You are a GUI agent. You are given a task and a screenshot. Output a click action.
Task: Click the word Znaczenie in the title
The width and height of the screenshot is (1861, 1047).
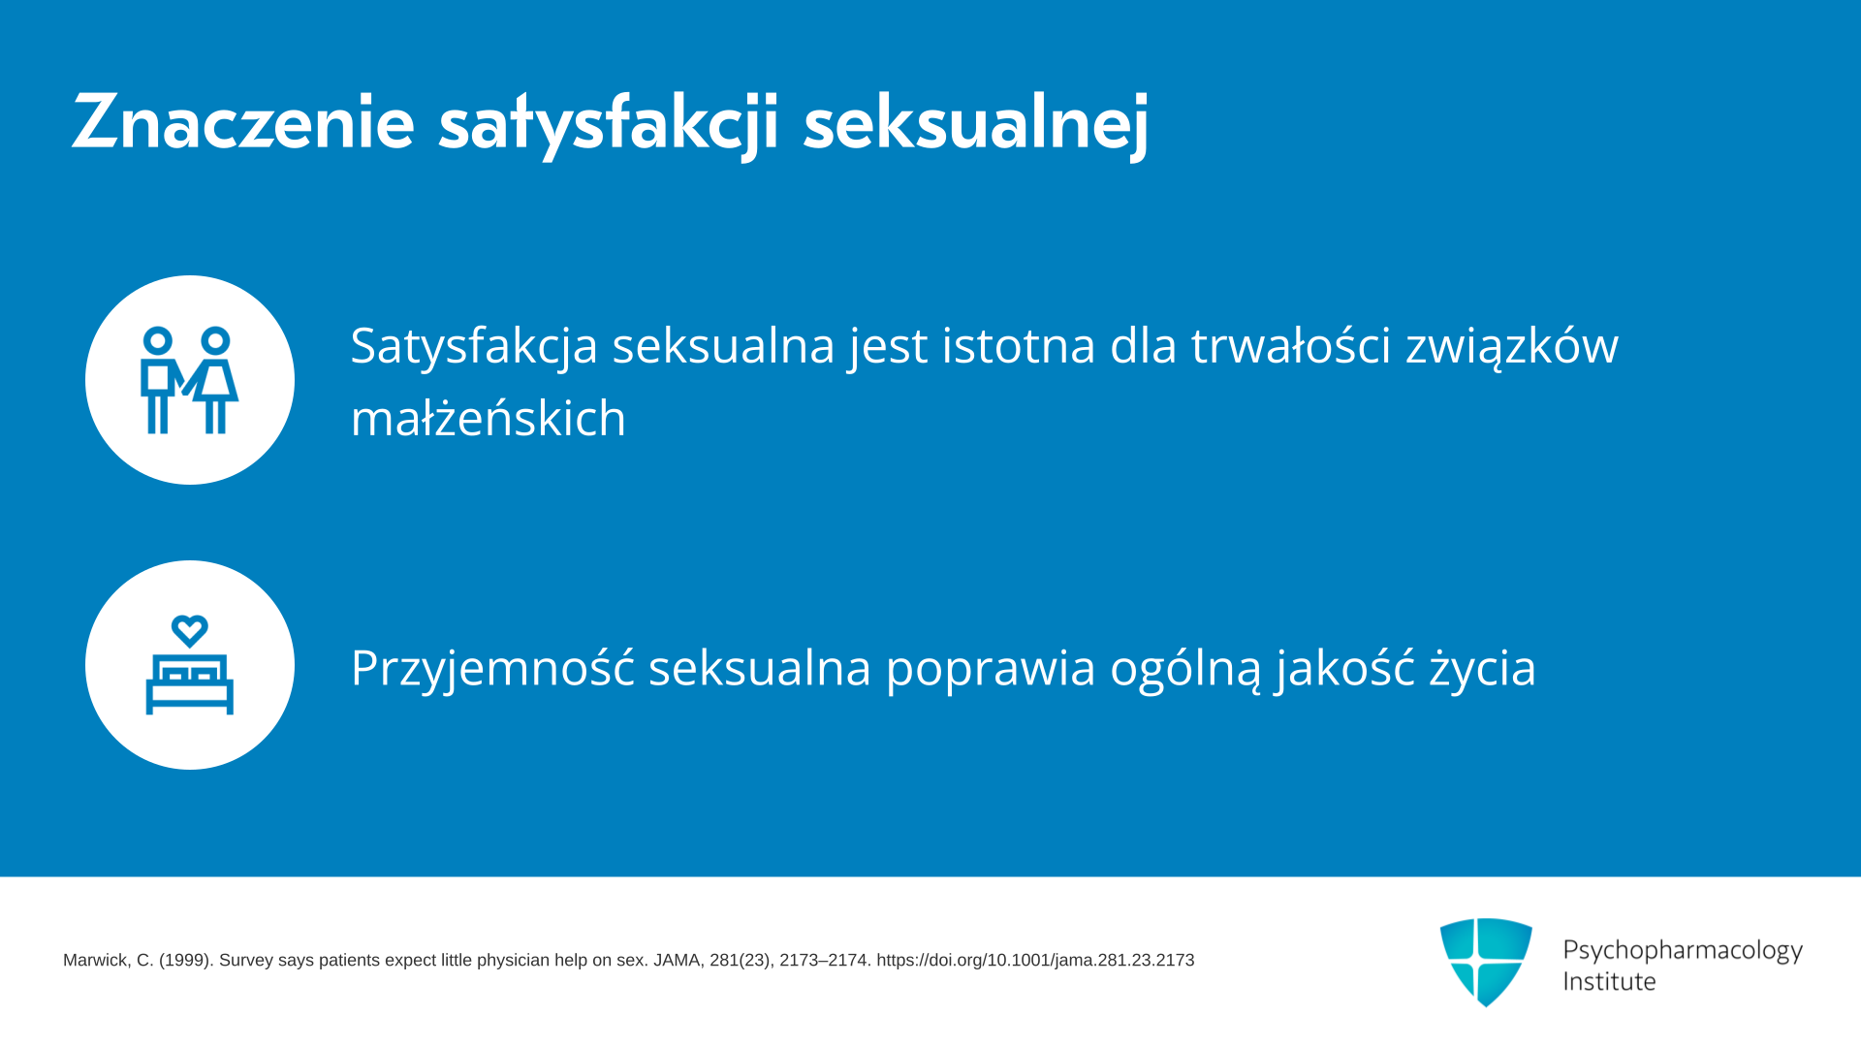(243, 122)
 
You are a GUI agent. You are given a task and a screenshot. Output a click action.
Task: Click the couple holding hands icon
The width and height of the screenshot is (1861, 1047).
(189, 380)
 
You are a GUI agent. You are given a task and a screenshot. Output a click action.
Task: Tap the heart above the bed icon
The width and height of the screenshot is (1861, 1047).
(190, 631)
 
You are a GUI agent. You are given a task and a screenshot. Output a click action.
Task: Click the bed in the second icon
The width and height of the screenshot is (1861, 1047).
(190, 684)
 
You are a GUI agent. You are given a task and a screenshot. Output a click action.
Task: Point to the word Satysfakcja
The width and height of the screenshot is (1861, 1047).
(474, 346)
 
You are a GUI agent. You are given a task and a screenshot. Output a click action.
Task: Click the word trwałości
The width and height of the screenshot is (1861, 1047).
(1291, 345)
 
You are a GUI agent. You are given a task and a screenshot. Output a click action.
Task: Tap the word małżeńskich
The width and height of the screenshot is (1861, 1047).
(489, 418)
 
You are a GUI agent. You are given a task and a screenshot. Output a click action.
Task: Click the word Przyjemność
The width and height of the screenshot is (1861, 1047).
(492, 668)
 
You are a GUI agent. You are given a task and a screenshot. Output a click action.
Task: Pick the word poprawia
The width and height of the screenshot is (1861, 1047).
(991, 669)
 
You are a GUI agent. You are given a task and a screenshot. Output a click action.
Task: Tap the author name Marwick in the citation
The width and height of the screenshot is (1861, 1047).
(95, 961)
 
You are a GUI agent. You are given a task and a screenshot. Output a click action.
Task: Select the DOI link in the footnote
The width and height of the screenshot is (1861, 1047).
(1035, 961)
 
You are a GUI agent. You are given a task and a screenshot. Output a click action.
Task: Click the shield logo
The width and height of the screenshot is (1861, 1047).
(1486, 962)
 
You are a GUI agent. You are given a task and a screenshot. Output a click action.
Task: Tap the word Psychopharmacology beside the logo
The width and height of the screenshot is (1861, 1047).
(1683, 950)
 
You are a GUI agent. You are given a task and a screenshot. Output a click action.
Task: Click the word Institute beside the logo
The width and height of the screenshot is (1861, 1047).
(1609, 982)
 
